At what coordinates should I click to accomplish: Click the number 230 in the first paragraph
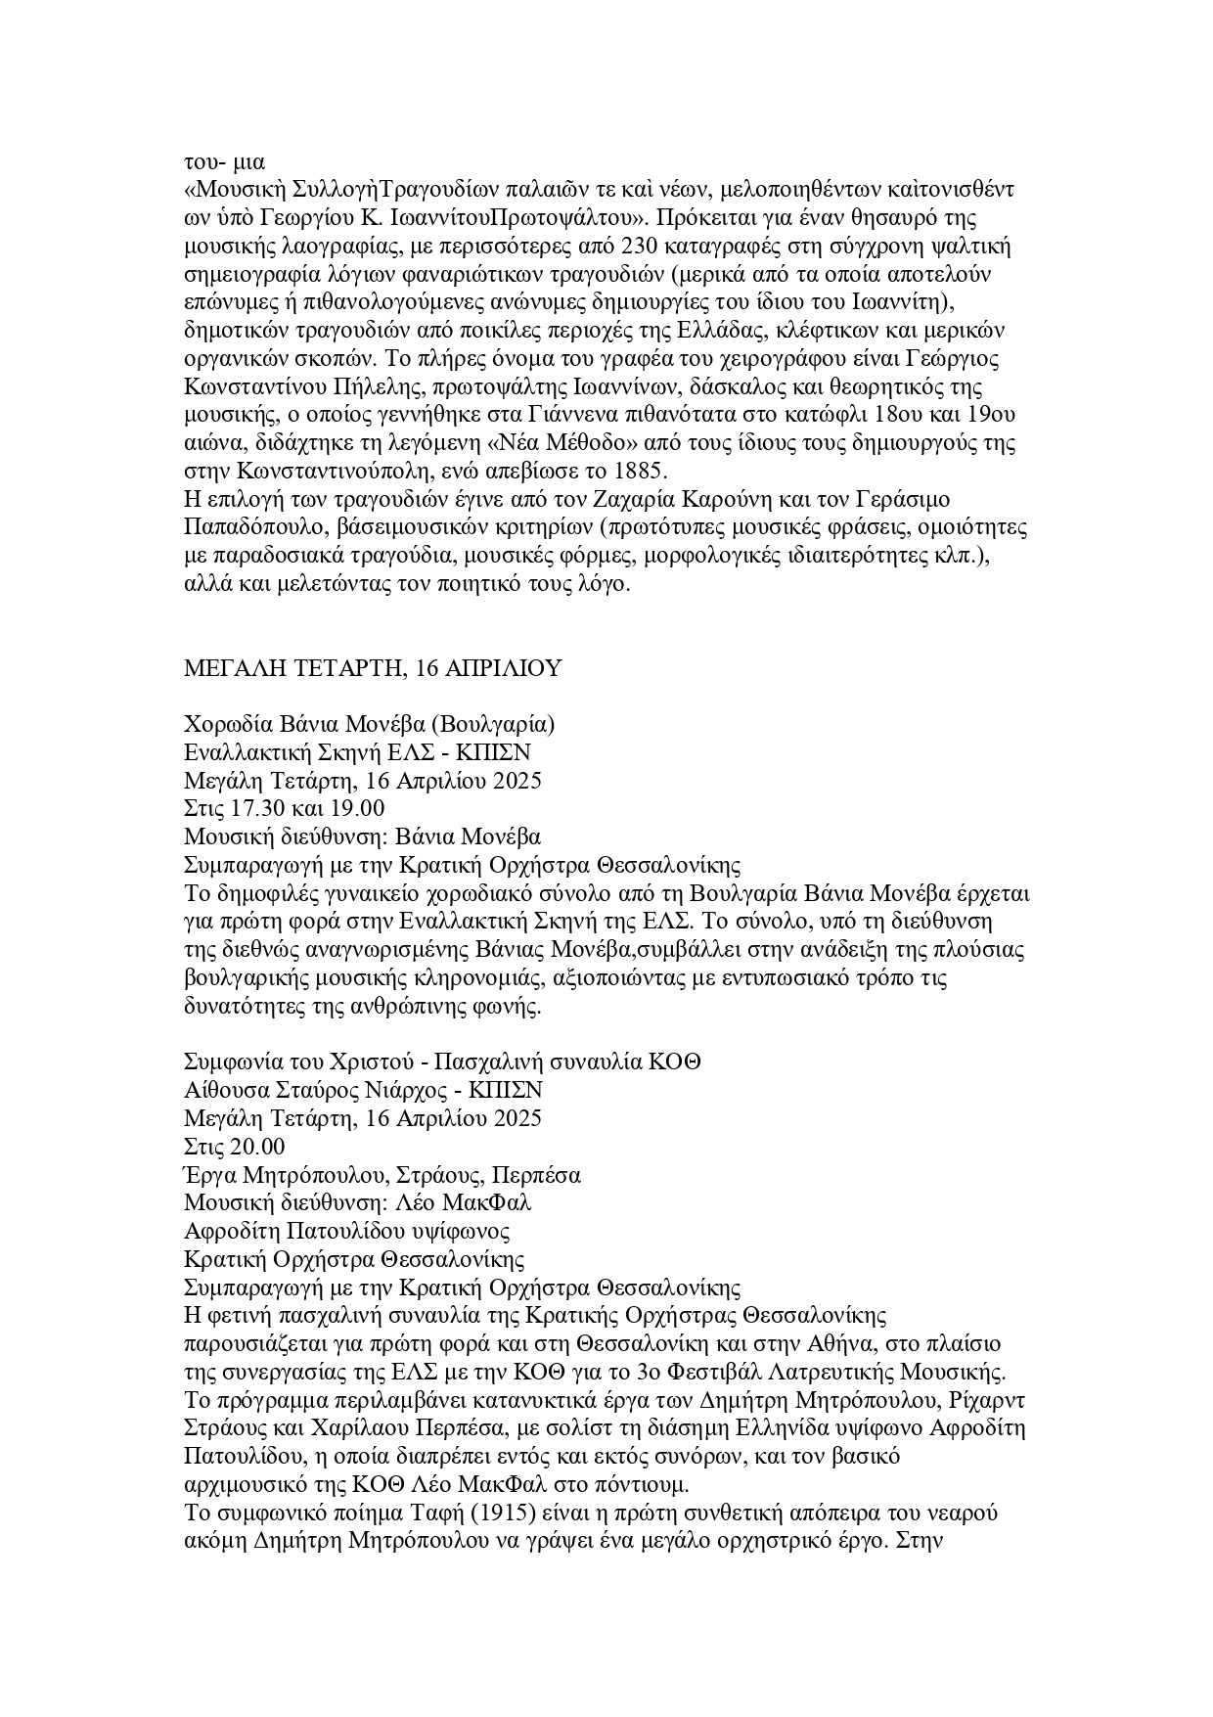[x=679, y=243]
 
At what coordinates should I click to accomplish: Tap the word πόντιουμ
[x=653, y=1485]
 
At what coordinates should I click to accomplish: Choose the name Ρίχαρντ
[x=988, y=1400]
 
